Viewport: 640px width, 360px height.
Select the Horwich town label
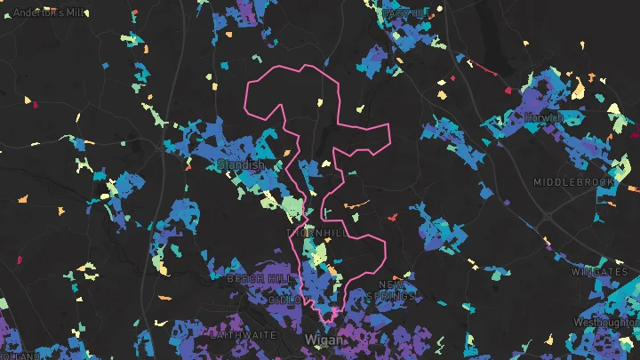tap(543, 117)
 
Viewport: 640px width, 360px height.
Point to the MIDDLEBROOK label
tap(573, 182)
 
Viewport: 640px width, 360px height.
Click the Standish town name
tap(240, 165)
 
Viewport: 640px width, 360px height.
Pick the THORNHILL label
tap(317, 233)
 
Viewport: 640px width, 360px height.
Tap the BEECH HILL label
tap(259, 279)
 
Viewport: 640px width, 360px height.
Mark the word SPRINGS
tap(390, 296)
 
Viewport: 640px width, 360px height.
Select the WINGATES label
tap(600, 271)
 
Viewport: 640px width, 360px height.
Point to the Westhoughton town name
tap(606, 322)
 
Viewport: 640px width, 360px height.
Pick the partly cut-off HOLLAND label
tap(20, 356)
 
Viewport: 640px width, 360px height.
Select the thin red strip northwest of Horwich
tap(485, 67)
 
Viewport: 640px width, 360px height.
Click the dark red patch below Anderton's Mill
tap(36, 104)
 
